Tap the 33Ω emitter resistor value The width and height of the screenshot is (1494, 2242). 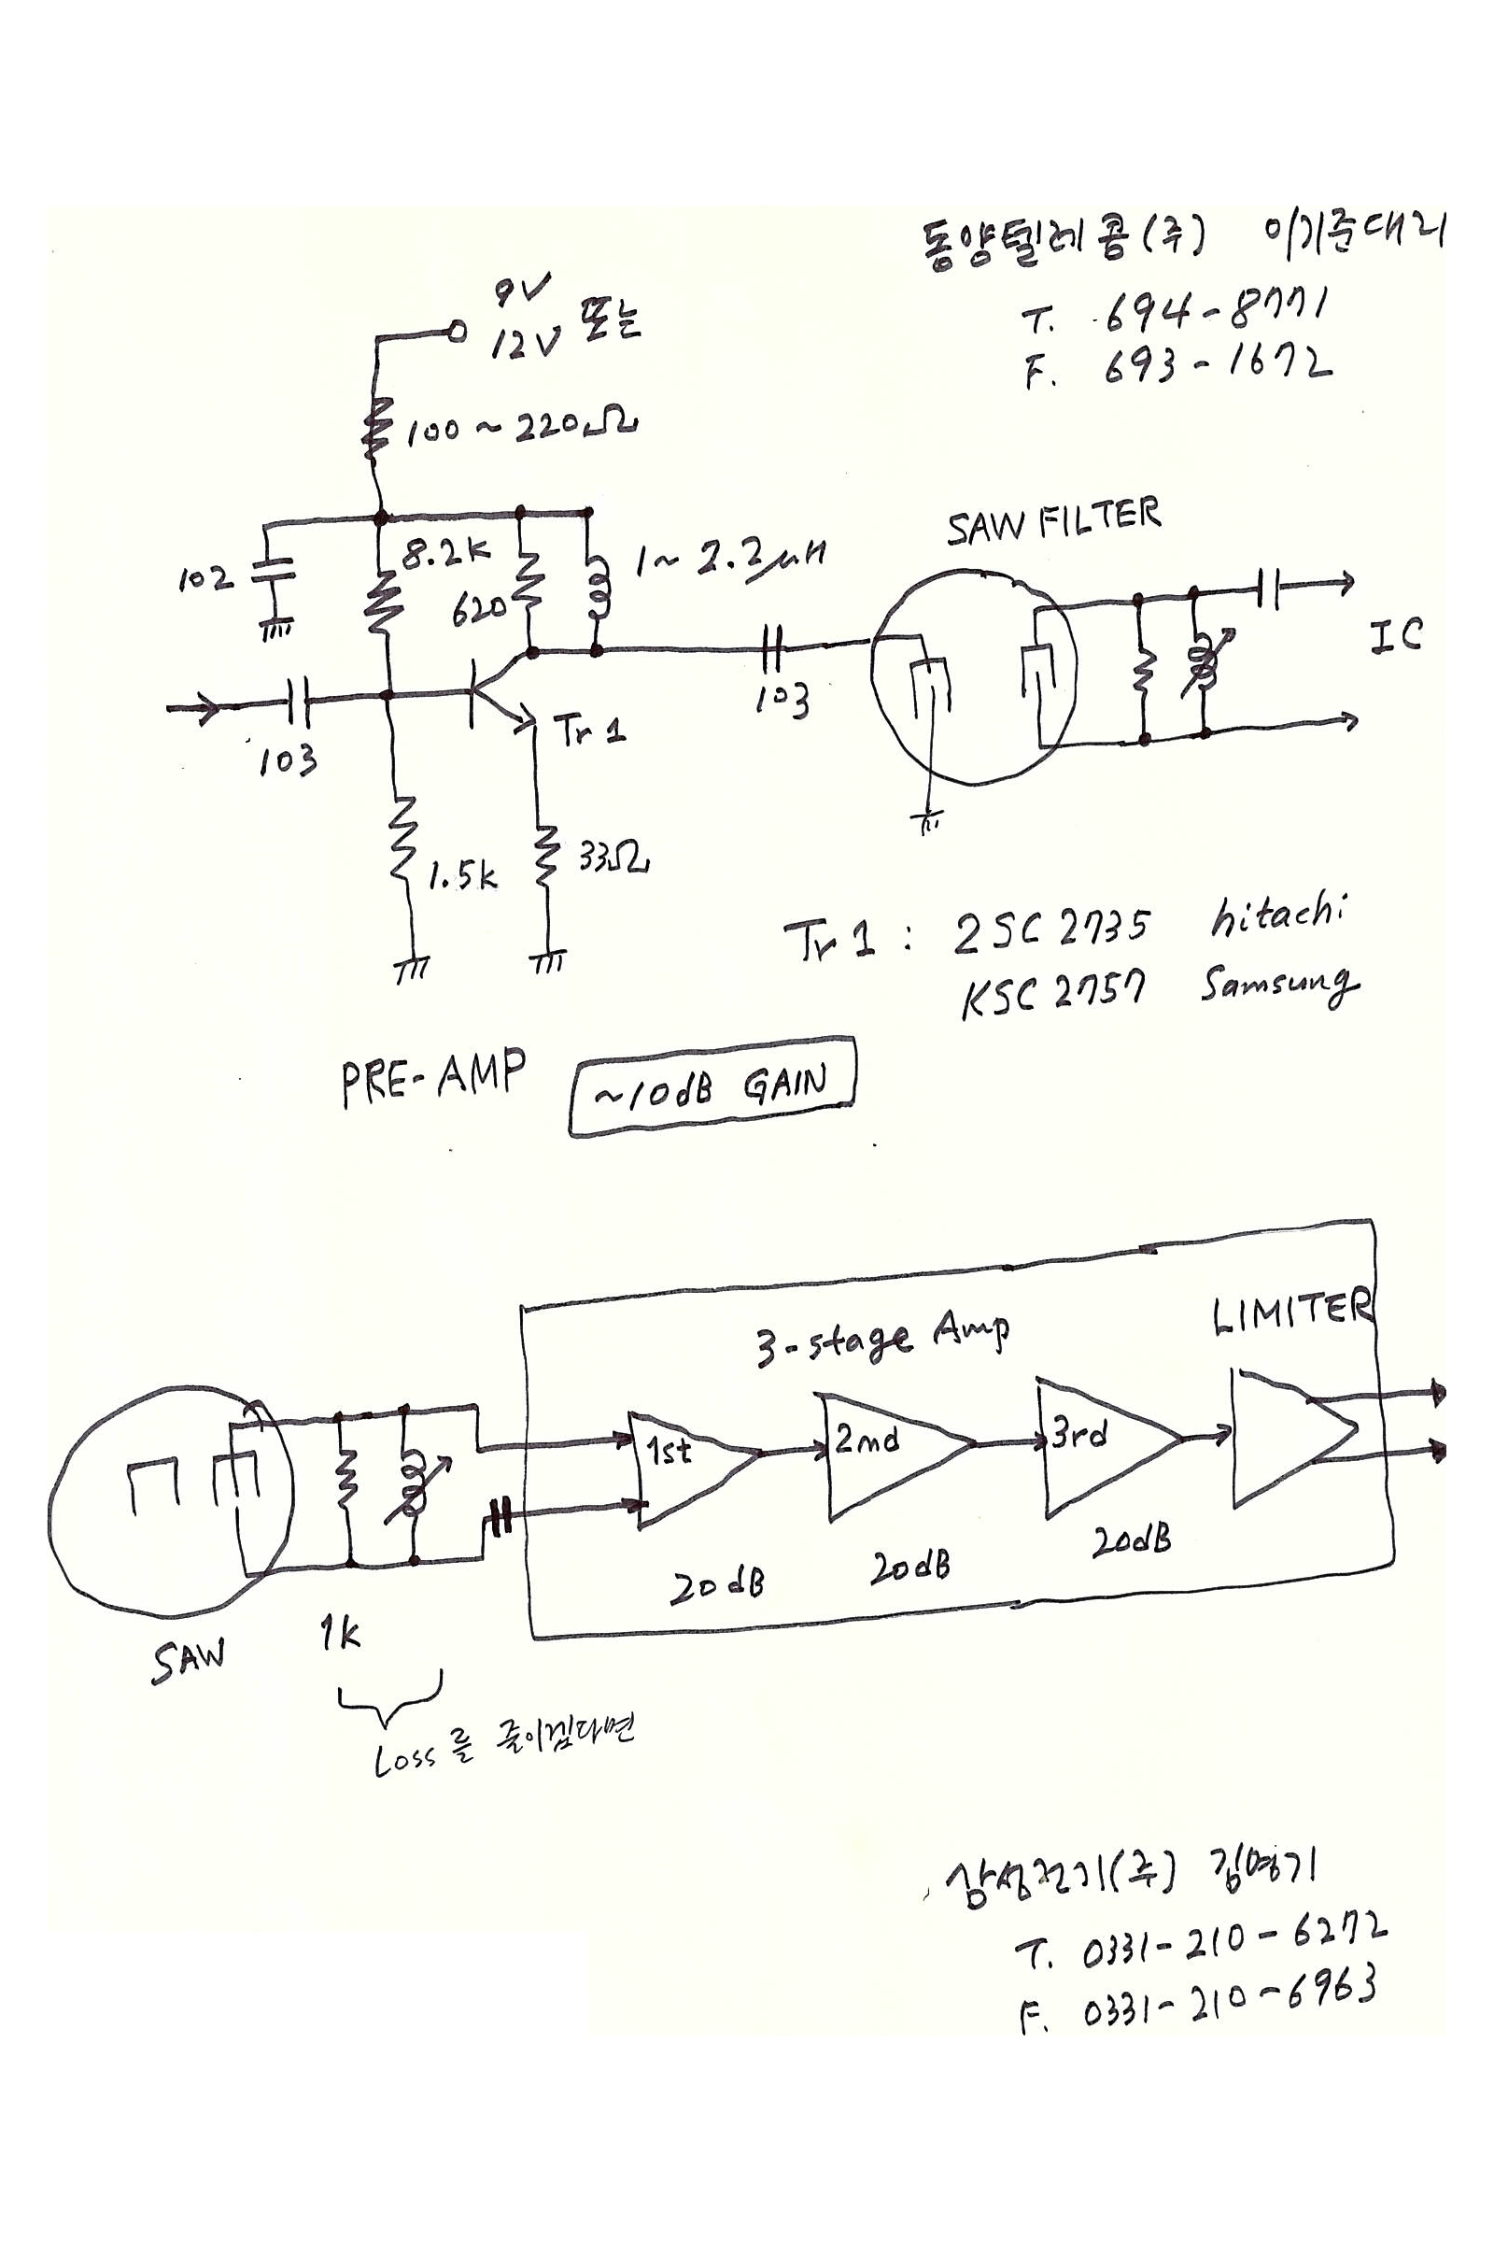[613, 858]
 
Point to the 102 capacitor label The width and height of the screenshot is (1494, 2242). [204, 577]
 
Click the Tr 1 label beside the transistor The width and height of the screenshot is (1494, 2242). [591, 732]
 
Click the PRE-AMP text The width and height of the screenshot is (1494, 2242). [433, 1077]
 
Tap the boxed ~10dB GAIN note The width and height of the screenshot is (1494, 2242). [712, 1086]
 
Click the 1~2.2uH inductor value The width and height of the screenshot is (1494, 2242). [729, 562]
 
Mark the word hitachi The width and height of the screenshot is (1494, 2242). [1277, 917]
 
